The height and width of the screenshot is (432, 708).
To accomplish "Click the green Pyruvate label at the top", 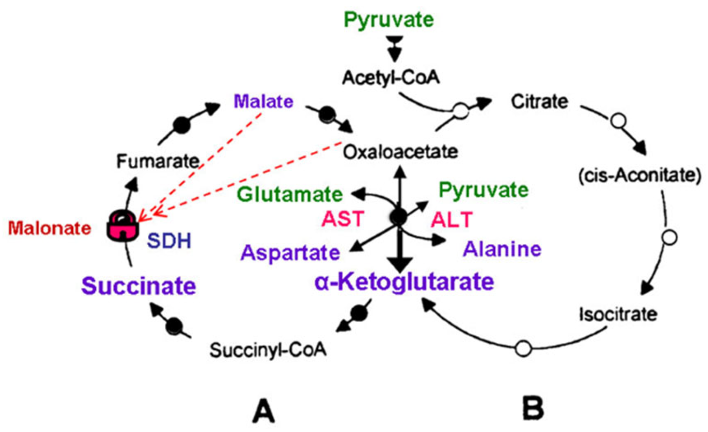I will [389, 20].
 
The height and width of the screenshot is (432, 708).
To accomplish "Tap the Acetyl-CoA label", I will [391, 78].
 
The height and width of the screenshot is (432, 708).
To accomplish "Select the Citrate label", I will [539, 101].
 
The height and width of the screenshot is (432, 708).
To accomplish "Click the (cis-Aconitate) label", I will [639, 175].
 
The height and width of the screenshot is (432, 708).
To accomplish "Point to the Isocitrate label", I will [618, 314].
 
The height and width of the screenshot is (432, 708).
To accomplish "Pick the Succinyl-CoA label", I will [268, 350].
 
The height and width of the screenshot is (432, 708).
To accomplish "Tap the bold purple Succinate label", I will [139, 286].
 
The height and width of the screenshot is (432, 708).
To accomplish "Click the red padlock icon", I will [122, 225].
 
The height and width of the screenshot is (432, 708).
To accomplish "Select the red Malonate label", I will [49, 228].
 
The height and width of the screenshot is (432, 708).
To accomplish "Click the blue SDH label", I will [169, 241].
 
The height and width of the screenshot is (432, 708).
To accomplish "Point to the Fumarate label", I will [157, 161].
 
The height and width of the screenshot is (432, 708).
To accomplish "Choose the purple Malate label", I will [264, 101].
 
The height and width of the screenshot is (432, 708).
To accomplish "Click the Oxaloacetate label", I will [400, 152].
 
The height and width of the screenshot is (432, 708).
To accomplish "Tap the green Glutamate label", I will [290, 194].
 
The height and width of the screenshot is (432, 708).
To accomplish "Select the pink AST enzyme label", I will [343, 219].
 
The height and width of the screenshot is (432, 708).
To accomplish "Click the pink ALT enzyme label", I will [451, 219].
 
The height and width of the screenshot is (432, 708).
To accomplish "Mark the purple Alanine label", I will [502, 249].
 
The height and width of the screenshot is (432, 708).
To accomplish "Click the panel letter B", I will [533, 407].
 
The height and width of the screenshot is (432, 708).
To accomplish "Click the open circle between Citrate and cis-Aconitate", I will [618, 120].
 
